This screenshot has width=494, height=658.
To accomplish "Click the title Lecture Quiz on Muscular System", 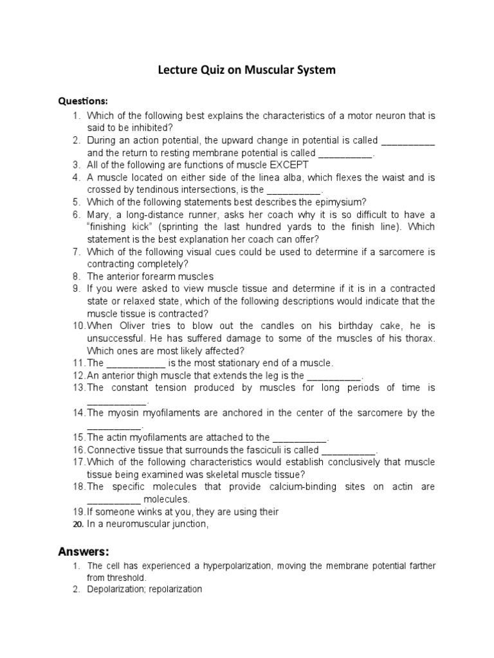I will pyautogui.click(x=247, y=70).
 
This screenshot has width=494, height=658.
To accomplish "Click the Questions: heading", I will pyautogui.click(x=84, y=101).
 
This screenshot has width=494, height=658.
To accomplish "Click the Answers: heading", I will pyautogui.click(x=84, y=551).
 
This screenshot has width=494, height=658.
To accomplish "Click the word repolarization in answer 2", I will pyautogui.click(x=176, y=589).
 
